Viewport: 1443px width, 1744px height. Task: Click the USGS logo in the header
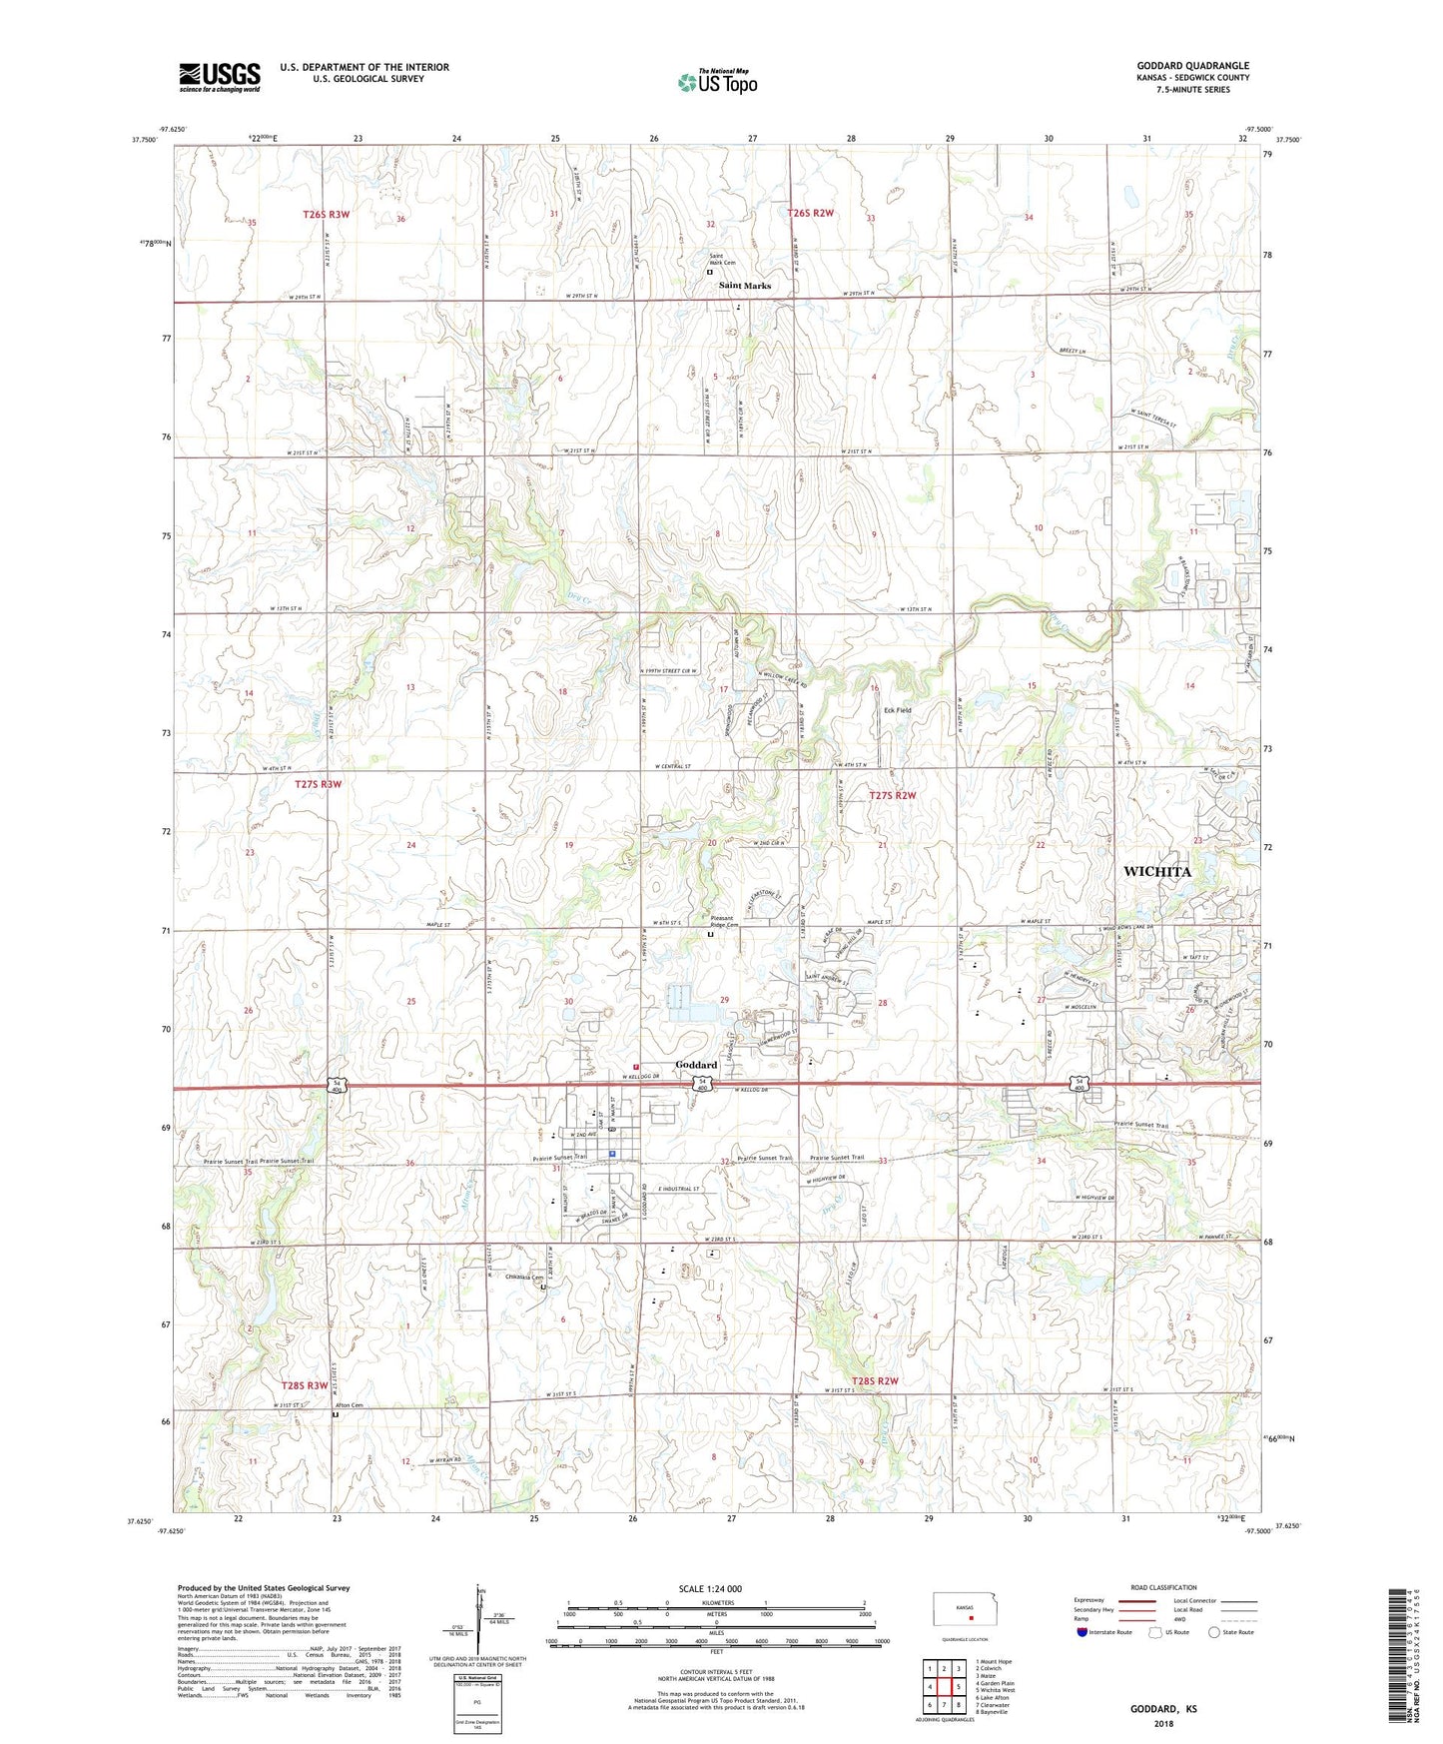click(x=220, y=77)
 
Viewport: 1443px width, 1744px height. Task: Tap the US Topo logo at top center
click(x=717, y=82)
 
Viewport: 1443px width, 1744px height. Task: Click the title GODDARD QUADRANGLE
click(x=1192, y=66)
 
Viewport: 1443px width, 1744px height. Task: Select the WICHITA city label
click(x=1156, y=872)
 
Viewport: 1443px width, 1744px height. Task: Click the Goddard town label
click(x=696, y=1065)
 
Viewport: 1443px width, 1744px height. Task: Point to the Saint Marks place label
click(x=745, y=286)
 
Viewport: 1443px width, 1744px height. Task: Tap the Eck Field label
click(x=897, y=710)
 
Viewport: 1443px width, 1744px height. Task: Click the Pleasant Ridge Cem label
click(x=716, y=925)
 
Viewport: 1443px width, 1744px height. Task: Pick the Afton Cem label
click(x=349, y=1405)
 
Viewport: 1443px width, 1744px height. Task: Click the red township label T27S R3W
click(x=319, y=784)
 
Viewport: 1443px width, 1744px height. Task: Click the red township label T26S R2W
click(x=810, y=213)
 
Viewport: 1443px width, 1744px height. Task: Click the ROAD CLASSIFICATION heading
click(x=1163, y=1587)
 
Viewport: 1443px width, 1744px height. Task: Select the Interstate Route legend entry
click(x=1106, y=1633)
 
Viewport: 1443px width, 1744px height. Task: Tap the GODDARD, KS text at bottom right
click(x=1163, y=1709)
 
